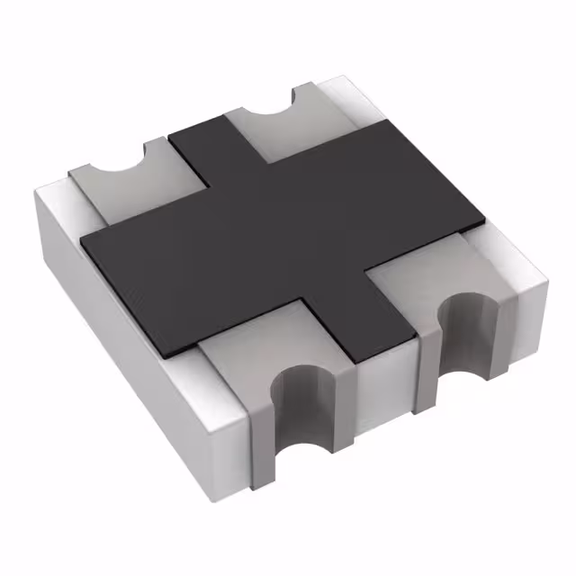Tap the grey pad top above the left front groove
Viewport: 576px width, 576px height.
coord(261,346)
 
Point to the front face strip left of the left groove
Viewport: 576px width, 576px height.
coord(256,432)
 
